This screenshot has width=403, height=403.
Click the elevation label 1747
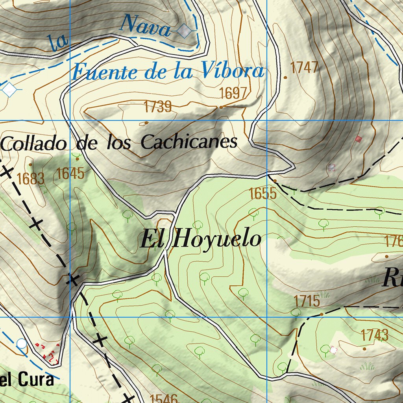(x=304, y=68)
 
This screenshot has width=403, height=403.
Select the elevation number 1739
(x=157, y=107)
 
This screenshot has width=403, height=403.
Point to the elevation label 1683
(x=31, y=179)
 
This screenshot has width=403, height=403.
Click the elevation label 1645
(x=70, y=173)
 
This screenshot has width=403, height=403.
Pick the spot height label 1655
(x=263, y=194)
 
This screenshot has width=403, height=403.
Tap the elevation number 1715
(x=307, y=301)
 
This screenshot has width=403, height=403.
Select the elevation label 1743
(x=374, y=335)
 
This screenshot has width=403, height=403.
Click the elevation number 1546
(x=164, y=398)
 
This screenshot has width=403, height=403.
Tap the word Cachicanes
(x=189, y=142)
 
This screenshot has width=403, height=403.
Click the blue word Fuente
(x=105, y=72)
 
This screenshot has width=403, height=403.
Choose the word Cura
(x=37, y=380)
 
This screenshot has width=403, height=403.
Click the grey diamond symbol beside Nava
(x=184, y=31)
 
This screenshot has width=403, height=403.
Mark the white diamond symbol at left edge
(x=9, y=89)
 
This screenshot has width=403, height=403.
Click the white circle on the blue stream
(x=22, y=344)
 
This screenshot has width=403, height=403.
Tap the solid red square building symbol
(x=358, y=139)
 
